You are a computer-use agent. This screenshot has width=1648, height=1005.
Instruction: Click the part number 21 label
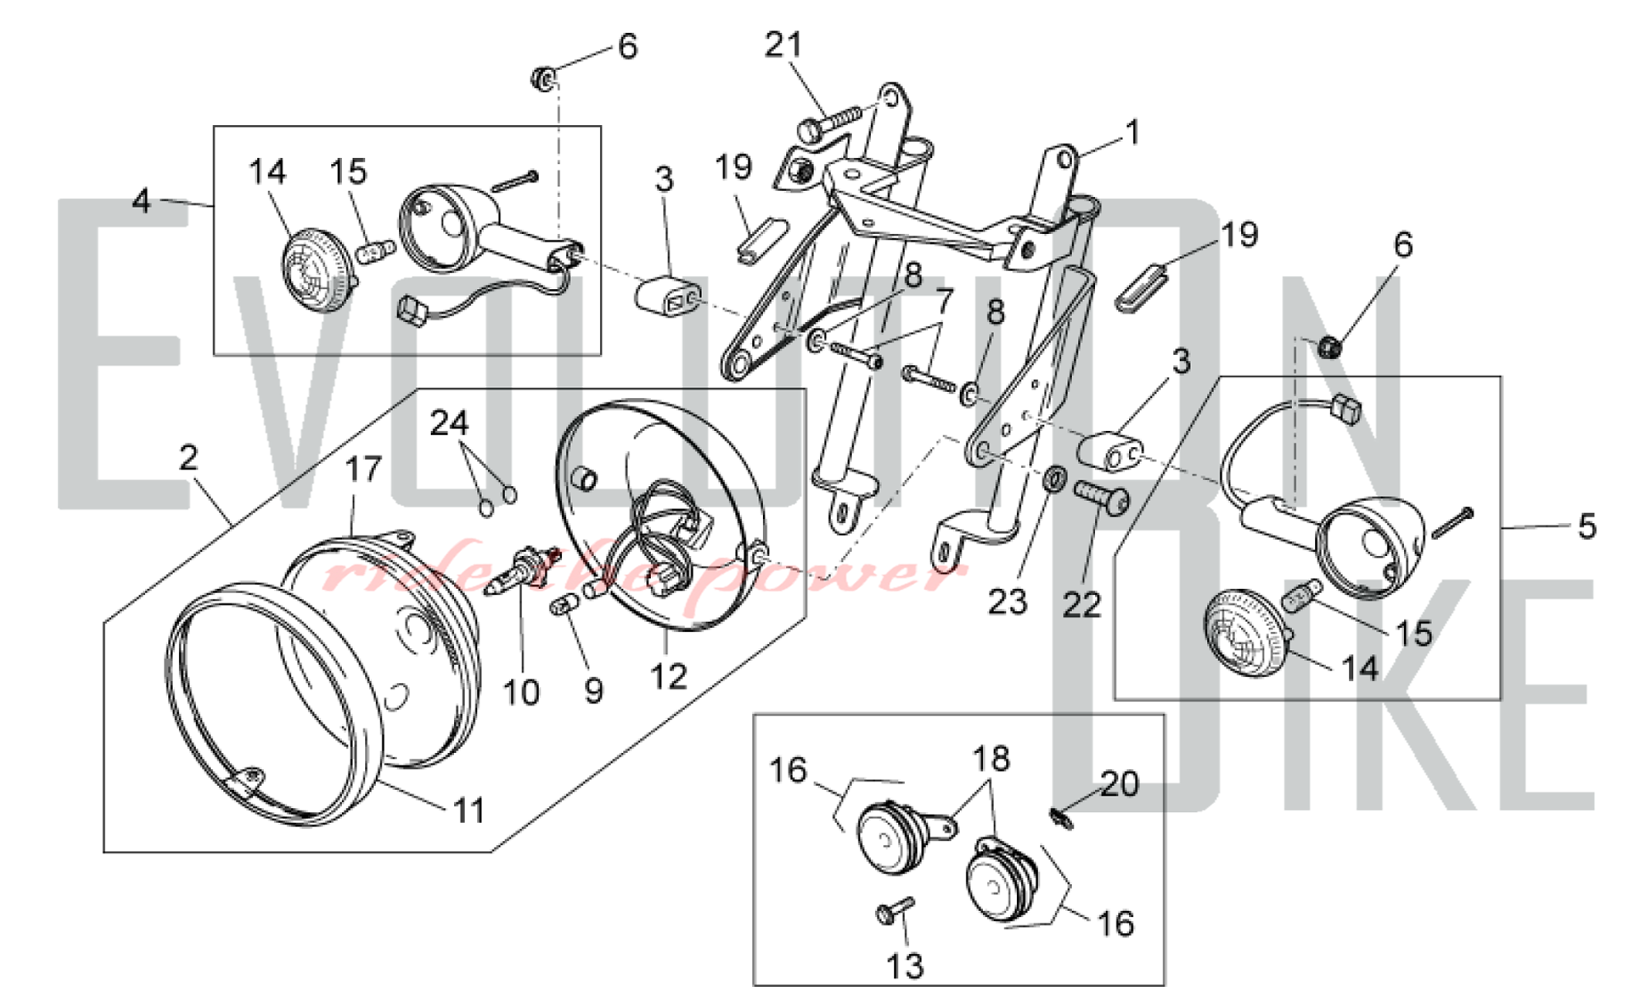pos(782,45)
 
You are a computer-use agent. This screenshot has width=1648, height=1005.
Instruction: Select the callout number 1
pos(1133,133)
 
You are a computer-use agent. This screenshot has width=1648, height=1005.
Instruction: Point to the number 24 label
pos(449,423)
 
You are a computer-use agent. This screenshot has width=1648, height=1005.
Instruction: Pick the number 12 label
pos(668,676)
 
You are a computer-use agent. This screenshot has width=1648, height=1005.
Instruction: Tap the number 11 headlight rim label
pos(470,811)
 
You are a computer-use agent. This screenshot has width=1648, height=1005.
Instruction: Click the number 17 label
pos(363,470)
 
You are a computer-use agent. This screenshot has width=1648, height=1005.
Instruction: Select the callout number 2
pos(189,458)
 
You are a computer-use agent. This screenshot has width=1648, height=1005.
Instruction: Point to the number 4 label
pos(143,201)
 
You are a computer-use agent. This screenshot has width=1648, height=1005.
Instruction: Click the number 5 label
pos(1586,526)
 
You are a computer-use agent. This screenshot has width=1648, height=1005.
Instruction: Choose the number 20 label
pos(1119,783)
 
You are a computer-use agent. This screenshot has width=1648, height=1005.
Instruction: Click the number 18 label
pos(990,759)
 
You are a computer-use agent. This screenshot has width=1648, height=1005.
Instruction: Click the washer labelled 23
pos(1054,479)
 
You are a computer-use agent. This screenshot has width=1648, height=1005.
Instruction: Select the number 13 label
pos(905,965)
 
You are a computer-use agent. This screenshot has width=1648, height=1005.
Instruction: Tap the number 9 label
pos(593,690)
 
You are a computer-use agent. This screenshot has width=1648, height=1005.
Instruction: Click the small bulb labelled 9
pos(564,608)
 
